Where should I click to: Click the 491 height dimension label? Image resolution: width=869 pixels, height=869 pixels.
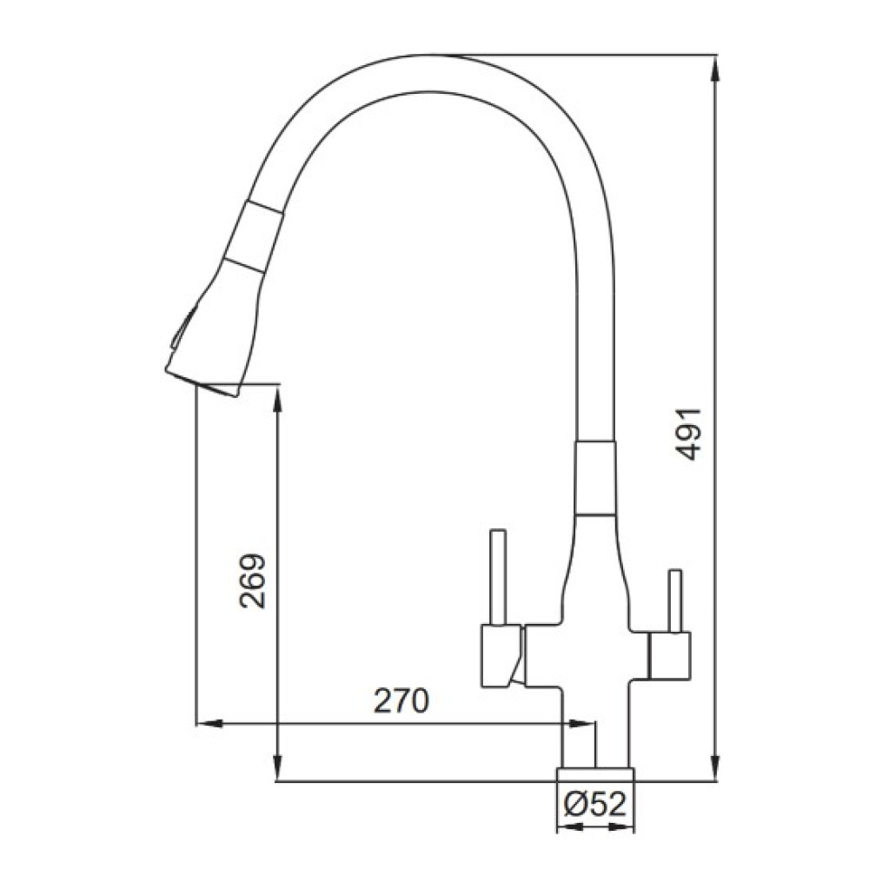click(x=689, y=434)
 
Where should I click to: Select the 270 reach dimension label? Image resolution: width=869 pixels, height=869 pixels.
click(x=402, y=700)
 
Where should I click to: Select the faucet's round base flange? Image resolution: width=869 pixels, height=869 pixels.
click(x=595, y=775)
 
